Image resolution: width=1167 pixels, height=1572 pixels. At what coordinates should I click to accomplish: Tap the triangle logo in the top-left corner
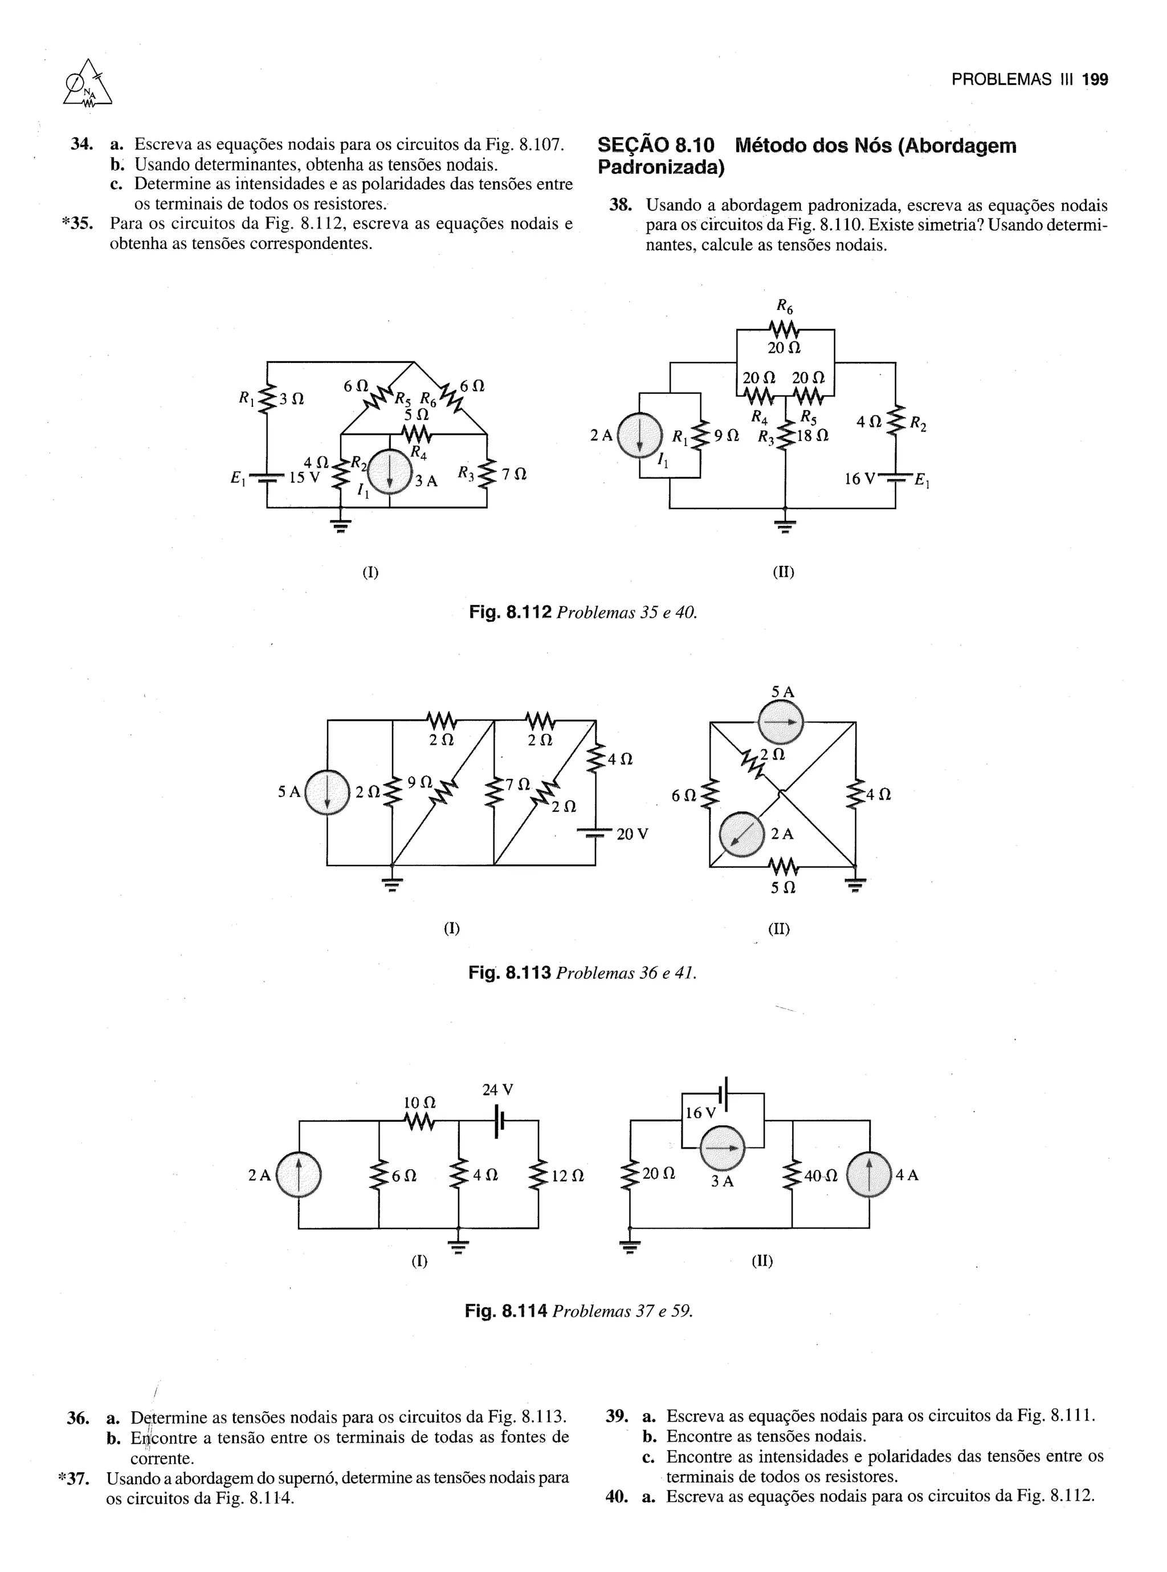pyautogui.click(x=88, y=85)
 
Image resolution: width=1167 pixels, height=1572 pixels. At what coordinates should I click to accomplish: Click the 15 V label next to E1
pyautogui.click(x=304, y=477)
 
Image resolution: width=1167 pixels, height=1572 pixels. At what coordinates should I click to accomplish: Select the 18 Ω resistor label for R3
pyautogui.click(x=813, y=436)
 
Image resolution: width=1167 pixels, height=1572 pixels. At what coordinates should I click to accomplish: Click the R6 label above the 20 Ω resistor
pyautogui.click(x=785, y=306)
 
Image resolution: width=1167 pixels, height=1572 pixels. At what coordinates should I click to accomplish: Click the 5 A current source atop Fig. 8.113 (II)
pyautogui.click(x=781, y=722)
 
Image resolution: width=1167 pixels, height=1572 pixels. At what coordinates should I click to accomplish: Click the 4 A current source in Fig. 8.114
pyautogui.click(x=869, y=1175)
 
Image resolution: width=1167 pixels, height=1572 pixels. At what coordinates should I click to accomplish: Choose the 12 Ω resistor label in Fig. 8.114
pyautogui.click(x=567, y=1176)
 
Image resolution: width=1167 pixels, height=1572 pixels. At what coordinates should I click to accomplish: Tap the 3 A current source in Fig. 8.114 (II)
pyautogui.click(x=723, y=1149)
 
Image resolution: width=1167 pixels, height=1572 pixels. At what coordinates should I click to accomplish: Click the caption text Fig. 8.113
pyautogui.click(x=509, y=973)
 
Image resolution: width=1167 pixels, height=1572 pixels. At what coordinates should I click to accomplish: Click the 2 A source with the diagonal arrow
pyautogui.click(x=742, y=835)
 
